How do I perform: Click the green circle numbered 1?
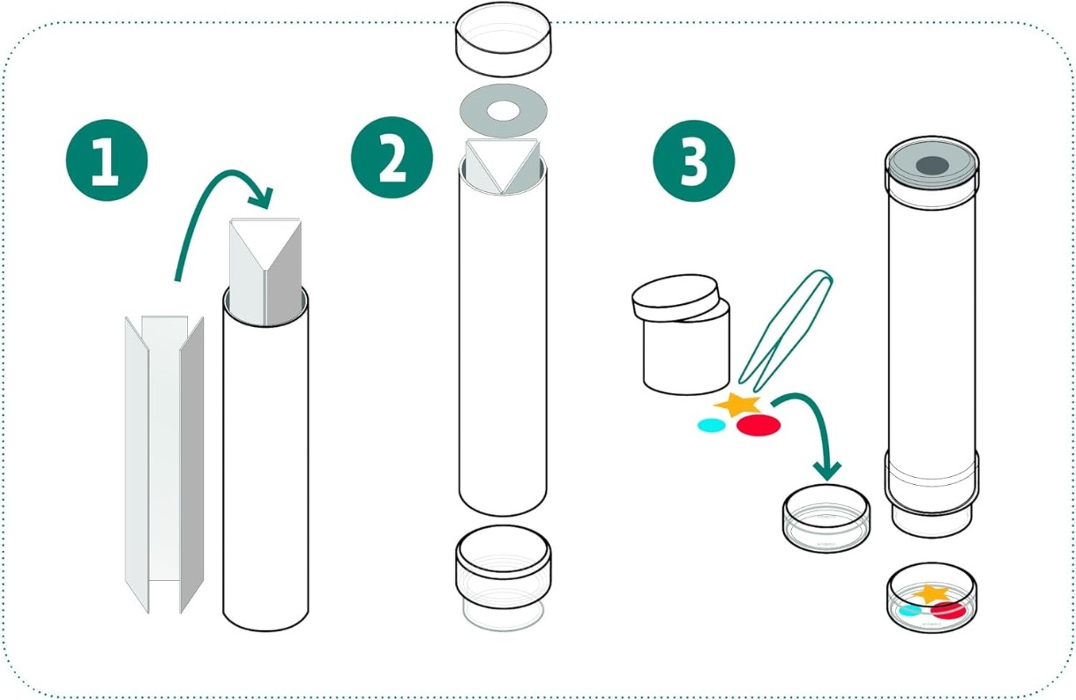point(107,160)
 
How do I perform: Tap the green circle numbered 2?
point(392,157)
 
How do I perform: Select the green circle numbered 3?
point(693,160)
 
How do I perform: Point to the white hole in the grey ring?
point(503,111)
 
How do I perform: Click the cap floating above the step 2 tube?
point(503,39)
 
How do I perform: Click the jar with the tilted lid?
point(681,334)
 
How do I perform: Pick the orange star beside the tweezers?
point(736,405)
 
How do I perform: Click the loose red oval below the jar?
point(758,425)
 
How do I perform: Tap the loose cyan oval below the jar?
point(712,425)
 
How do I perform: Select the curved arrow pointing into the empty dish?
point(817,422)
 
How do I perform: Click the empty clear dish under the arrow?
point(826,518)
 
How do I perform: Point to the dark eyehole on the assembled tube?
point(932,166)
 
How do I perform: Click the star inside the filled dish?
point(931,594)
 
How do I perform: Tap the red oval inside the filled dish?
point(948,611)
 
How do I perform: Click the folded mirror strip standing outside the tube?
point(164,465)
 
